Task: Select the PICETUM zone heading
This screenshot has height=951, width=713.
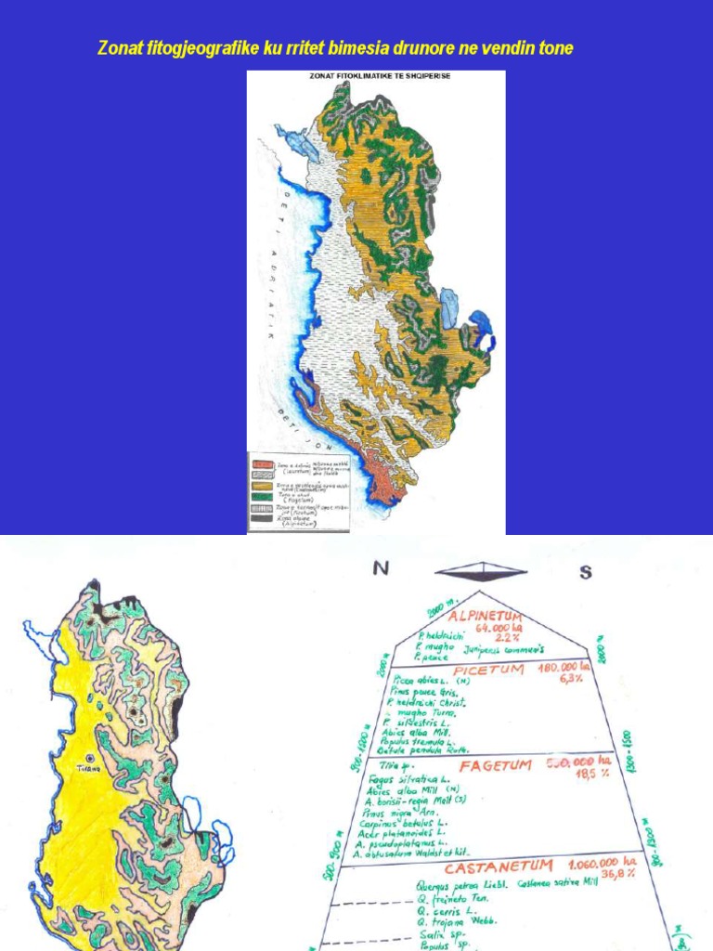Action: point(488,670)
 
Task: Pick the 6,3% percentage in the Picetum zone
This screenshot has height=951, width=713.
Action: point(567,679)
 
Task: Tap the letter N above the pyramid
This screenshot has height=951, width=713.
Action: point(380,570)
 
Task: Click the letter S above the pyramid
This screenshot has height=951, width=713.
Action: point(585,572)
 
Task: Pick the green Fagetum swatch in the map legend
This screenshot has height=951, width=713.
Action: point(263,498)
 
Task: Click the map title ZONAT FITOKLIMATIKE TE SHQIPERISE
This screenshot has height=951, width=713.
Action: point(375,76)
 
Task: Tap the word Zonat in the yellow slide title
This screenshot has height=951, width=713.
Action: point(119,47)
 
